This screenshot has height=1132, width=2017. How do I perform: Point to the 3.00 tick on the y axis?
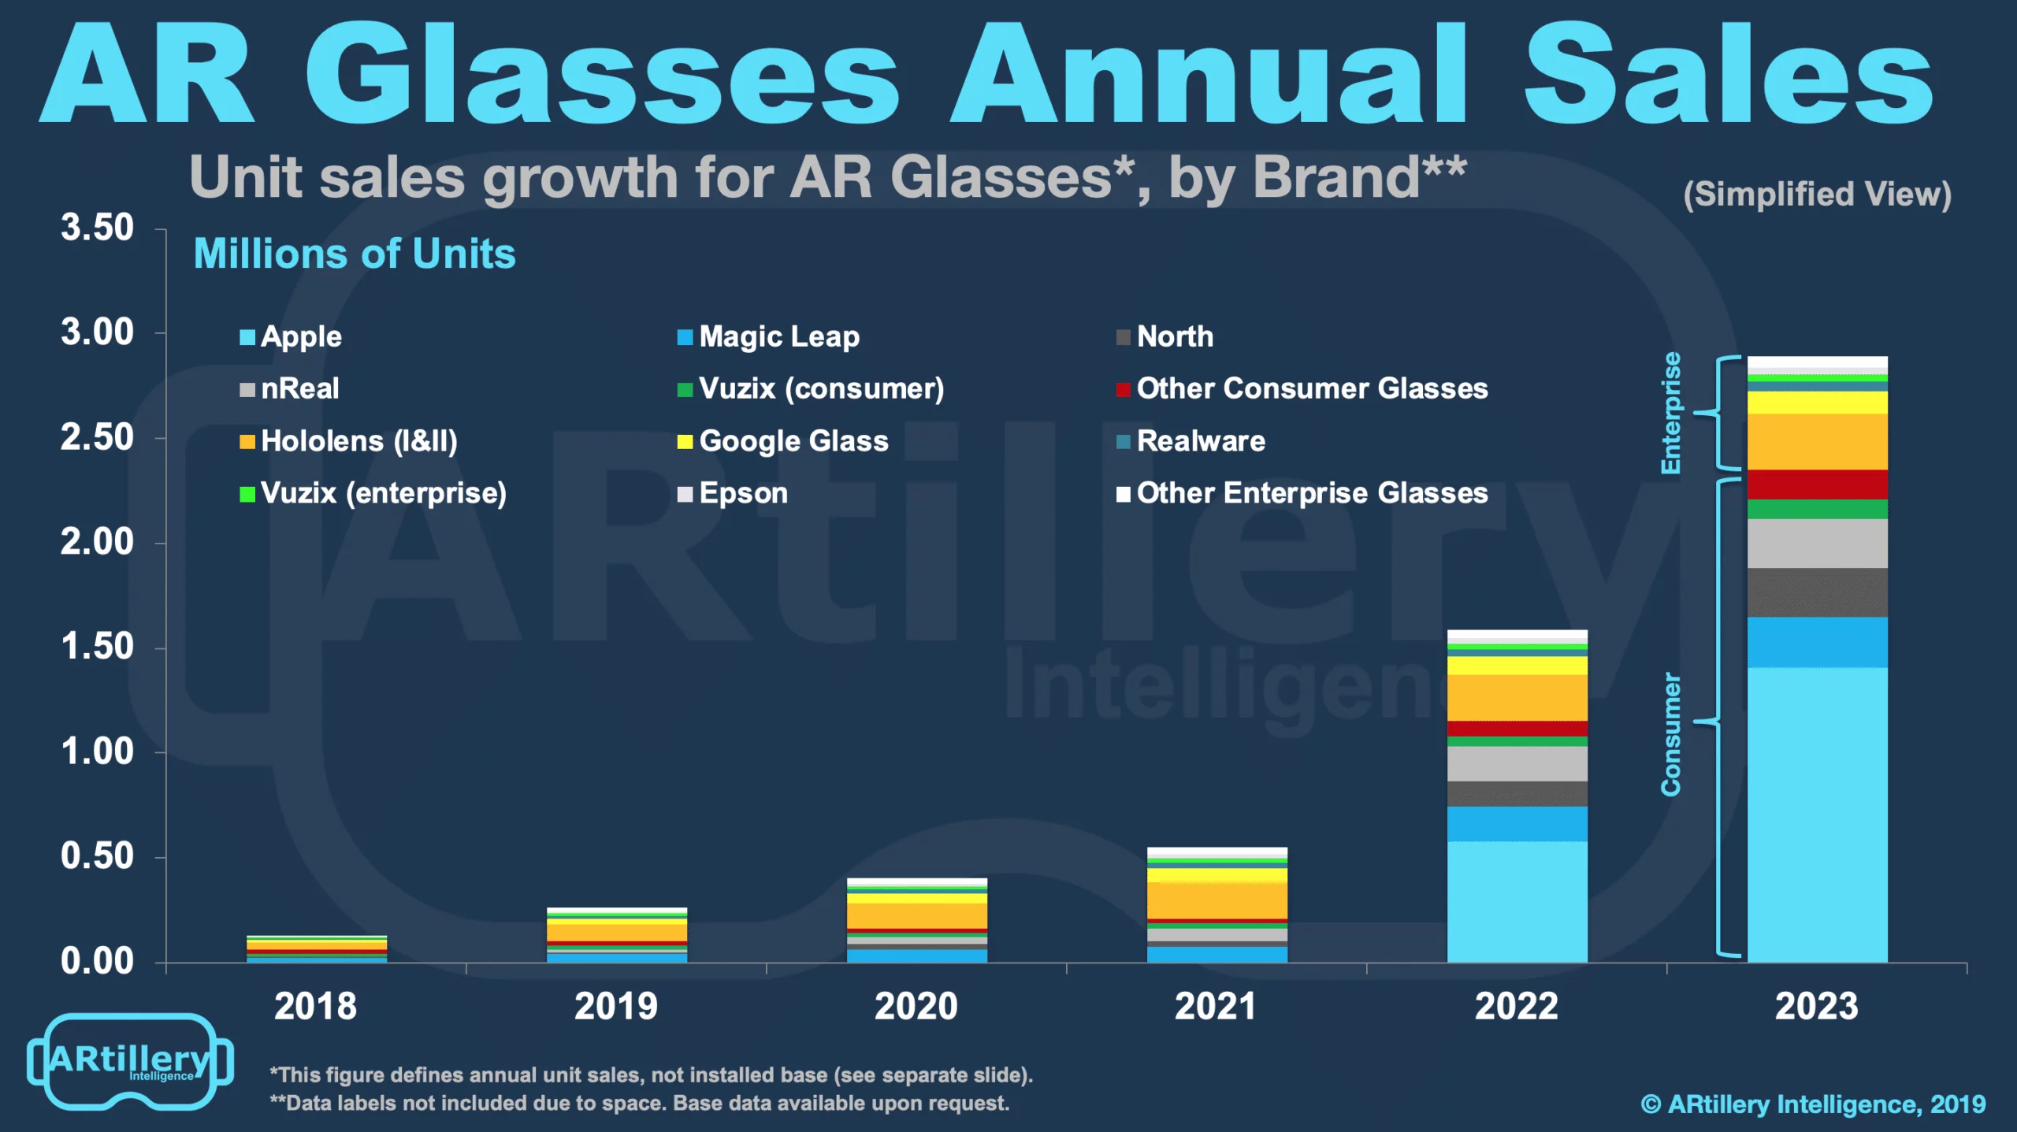point(98,332)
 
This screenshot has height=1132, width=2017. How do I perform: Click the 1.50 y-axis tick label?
point(98,647)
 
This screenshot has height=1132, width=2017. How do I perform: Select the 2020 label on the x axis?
point(916,1006)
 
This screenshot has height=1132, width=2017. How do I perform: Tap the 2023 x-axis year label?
point(1816,1006)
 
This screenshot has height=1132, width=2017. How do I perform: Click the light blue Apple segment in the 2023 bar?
point(1817,811)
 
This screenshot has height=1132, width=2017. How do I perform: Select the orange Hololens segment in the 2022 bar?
point(1517,697)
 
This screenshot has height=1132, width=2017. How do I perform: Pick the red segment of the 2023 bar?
point(1817,484)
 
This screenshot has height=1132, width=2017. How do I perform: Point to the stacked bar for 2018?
point(317,948)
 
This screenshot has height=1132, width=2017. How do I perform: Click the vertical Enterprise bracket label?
point(1670,413)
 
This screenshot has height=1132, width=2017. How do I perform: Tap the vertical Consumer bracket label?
point(1670,734)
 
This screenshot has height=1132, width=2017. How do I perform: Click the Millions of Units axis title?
point(355,254)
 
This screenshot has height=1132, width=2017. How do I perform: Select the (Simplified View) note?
point(1817,194)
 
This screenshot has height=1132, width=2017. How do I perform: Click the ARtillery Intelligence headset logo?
point(130,1061)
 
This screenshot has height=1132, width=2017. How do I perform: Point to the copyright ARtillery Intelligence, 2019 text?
point(1813,1104)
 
